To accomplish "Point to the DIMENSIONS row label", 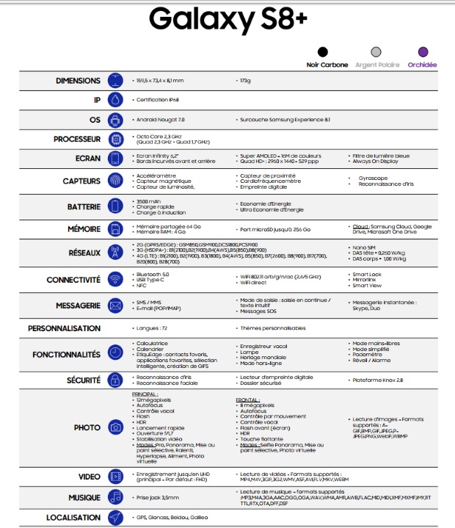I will click(x=79, y=80).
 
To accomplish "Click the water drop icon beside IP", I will click(x=114, y=100).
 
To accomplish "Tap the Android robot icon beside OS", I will click(x=114, y=119).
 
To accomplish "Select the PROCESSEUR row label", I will click(x=76, y=139).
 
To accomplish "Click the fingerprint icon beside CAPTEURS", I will click(x=114, y=181).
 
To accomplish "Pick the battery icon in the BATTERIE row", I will click(x=114, y=206).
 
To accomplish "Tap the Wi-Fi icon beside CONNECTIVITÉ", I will click(x=114, y=280).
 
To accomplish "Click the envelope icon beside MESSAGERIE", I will click(x=114, y=305).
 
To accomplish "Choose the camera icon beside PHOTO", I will click(x=114, y=427).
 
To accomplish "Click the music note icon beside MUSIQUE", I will click(x=114, y=497).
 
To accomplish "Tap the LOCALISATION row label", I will click(x=73, y=517).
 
